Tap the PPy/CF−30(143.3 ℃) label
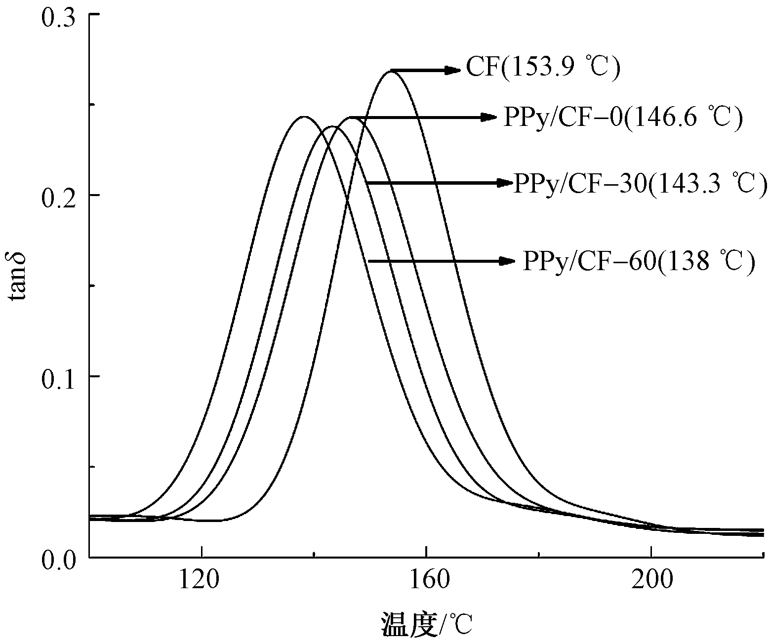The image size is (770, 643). [x=640, y=184]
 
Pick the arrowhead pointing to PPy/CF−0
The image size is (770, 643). [x=489, y=117]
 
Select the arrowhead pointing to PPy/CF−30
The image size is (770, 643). [x=505, y=183]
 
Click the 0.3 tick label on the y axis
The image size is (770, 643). [x=58, y=16]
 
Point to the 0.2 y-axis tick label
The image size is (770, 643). [x=58, y=196]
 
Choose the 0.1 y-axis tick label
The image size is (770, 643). [x=58, y=376]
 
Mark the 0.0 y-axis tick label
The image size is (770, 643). [x=58, y=557]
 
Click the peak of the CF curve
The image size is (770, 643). [x=391, y=72]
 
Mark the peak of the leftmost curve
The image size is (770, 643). [x=303, y=117]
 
